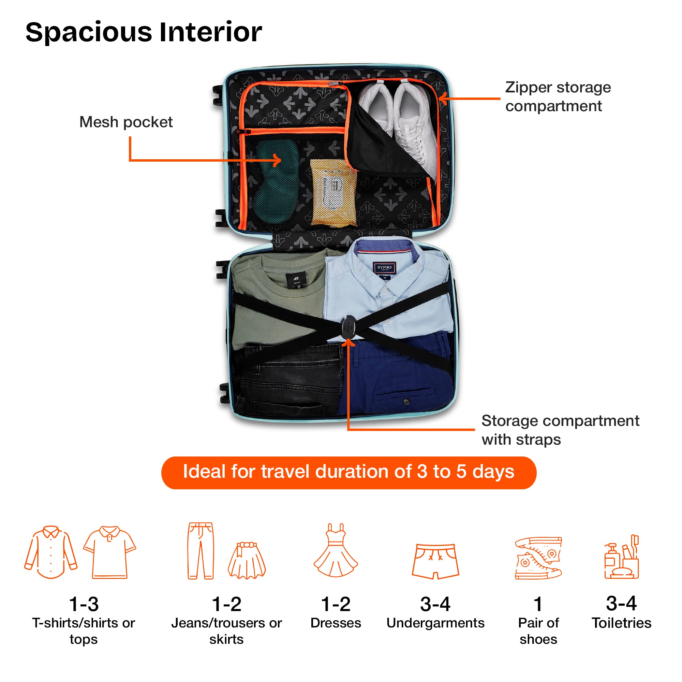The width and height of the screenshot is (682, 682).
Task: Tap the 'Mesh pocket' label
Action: point(126,122)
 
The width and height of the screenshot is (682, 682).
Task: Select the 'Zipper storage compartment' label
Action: point(558,97)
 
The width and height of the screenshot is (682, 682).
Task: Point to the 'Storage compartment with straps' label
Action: point(560,430)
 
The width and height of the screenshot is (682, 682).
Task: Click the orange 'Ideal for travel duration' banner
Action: point(349,473)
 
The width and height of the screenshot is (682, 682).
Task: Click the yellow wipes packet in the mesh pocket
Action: point(333,192)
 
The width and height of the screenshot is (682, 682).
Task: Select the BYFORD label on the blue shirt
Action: point(384,268)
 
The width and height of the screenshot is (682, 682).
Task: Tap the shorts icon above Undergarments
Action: point(435,561)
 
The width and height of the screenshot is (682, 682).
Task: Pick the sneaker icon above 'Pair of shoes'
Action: point(538,558)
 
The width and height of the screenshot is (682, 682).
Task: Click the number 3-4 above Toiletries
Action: point(621,603)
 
